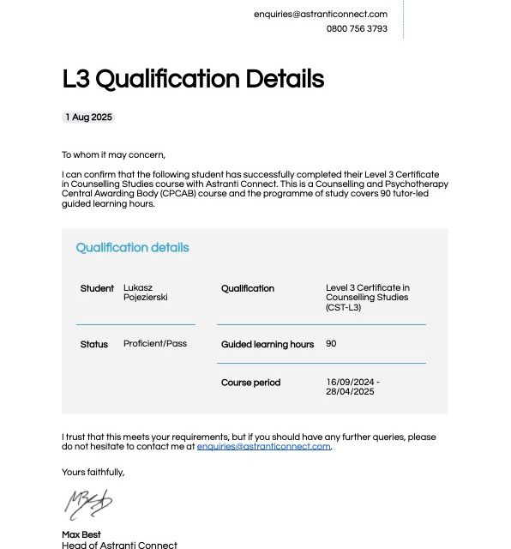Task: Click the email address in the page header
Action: [x=320, y=14]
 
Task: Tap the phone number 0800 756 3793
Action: [x=356, y=28]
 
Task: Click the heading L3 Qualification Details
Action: [x=193, y=79]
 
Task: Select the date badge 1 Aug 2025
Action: [x=88, y=117]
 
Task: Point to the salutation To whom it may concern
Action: [x=113, y=155]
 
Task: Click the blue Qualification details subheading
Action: [x=132, y=248]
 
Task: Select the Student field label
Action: [x=97, y=288]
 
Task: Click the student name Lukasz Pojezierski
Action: [x=145, y=293]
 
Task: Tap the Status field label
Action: [x=94, y=344]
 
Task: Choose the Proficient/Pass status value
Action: [x=155, y=344]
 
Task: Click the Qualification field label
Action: [x=248, y=288]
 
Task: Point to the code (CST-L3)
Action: [x=343, y=307]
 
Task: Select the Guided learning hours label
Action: [x=268, y=344]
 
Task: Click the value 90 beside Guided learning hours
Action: [x=331, y=344]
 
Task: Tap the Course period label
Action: [x=250, y=383]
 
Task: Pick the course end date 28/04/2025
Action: [x=350, y=392]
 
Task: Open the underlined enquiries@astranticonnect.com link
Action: [x=263, y=446]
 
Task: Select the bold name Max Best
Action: [x=81, y=535]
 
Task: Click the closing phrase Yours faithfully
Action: [x=93, y=472]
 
